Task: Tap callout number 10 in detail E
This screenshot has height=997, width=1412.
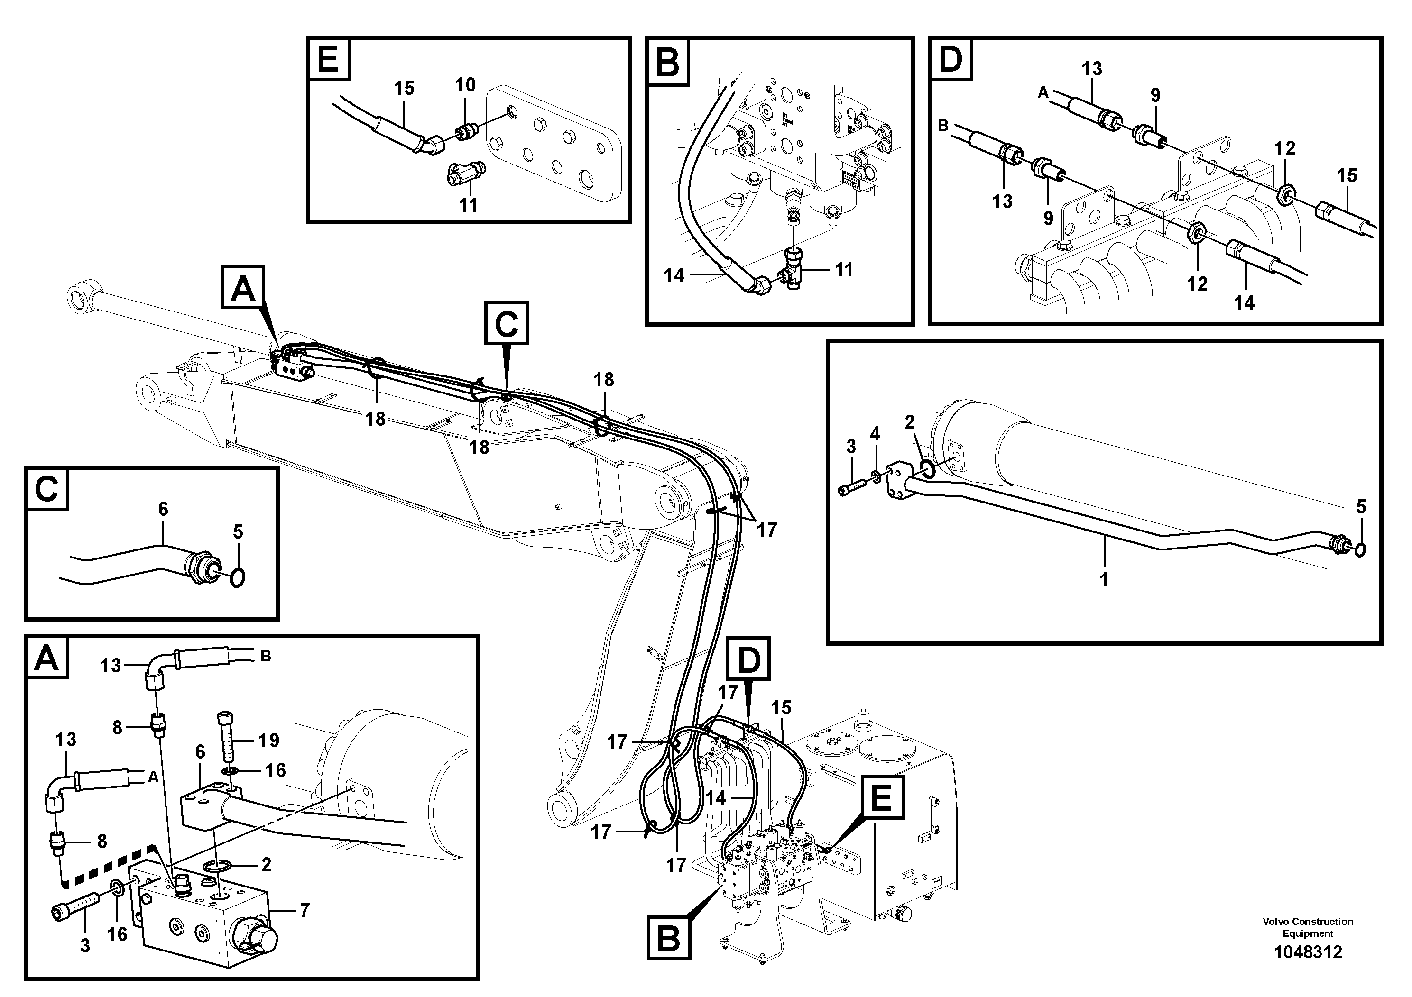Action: click(x=466, y=85)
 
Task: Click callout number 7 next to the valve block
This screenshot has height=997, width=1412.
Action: click(x=305, y=909)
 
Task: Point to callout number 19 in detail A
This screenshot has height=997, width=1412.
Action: click(x=269, y=740)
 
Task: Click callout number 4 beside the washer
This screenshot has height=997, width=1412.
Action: click(x=875, y=434)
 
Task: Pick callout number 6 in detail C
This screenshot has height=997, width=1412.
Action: click(x=163, y=509)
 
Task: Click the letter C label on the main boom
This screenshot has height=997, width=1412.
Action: click(x=506, y=323)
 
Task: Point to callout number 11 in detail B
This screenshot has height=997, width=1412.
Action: click(x=844, y=269)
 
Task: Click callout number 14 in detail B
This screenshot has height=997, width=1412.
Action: click(x=674, y=275)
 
